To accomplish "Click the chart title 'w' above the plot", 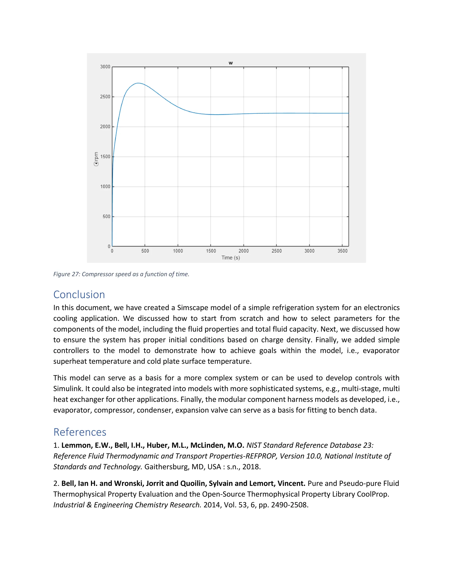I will pos(230,63).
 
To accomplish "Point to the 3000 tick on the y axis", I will pos(105,67).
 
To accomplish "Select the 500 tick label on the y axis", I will pos(106,216).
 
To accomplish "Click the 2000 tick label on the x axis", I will pos(243,251).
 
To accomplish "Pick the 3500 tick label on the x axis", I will pos(342,251).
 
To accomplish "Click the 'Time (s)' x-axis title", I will pos(230,258).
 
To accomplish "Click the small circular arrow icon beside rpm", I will pos(96,164).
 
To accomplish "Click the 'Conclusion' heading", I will pos(79,295).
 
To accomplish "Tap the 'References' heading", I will pos(80,432).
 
